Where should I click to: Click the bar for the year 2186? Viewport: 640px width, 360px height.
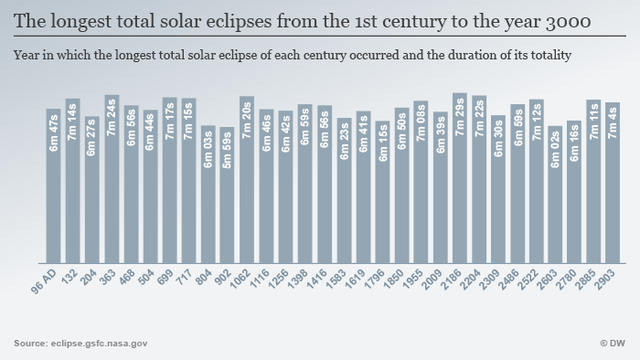pyautogui.click(x=459, y=178)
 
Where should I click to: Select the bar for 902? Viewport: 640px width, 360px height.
pyautogui.click(x=227, y=195)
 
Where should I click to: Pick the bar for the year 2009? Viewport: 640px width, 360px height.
pyautogui.click(x=440, y=187)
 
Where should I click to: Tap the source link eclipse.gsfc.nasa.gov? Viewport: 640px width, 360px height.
pyautogui.click(x=98, y=343)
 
